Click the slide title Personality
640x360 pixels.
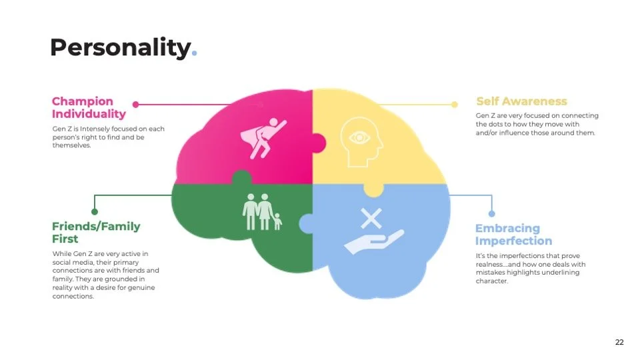pos(120,47)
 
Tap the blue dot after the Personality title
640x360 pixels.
pos(194,54)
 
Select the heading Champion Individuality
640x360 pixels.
pos(88,107)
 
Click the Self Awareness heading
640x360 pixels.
pos(521,101)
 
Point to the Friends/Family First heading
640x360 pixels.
pos(96,232)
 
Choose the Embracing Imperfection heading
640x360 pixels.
pos(513,235)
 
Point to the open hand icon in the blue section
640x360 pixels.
pos(373,241)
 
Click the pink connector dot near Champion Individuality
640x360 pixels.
pos(136,105)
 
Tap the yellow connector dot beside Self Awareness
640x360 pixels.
pos(455,104)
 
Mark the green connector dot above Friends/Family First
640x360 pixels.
pos(95,212)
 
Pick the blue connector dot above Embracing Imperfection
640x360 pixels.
pos(491,213)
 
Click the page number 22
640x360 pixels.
pos(619,342)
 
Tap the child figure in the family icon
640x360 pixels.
pos(277,221)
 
